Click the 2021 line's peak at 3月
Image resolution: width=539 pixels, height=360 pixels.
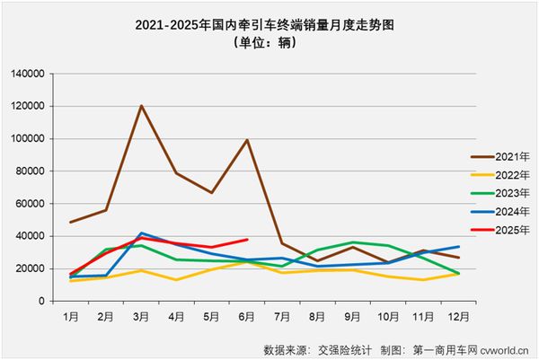coord(142,106)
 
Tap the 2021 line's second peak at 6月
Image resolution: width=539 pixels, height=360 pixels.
coord(247,139)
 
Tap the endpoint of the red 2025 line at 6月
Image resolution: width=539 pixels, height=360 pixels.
coord(247,240)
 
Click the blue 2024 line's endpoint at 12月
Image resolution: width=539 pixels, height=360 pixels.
coord(458,247)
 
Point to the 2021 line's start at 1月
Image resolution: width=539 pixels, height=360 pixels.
coord(71,222)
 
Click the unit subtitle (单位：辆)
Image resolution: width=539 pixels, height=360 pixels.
coord(269,42)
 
